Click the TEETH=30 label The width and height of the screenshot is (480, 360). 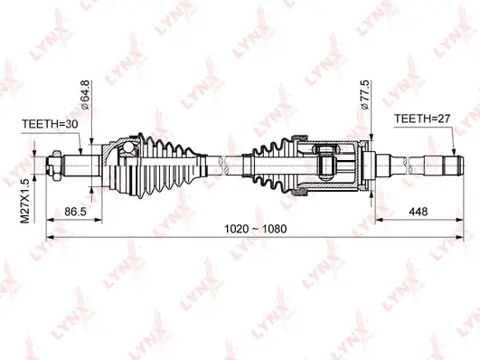pos(51,127)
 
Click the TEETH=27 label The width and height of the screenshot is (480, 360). pos(420,118)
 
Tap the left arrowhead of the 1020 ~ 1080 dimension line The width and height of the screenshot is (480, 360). pos(50,239)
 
